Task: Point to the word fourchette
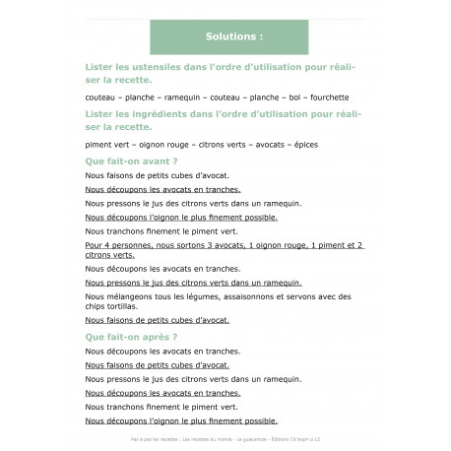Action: [x=330, y=98]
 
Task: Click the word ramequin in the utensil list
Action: [x=168, y=98]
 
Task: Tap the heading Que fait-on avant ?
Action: [x=131, y=160]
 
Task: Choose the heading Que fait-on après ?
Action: [x=131, y=336]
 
